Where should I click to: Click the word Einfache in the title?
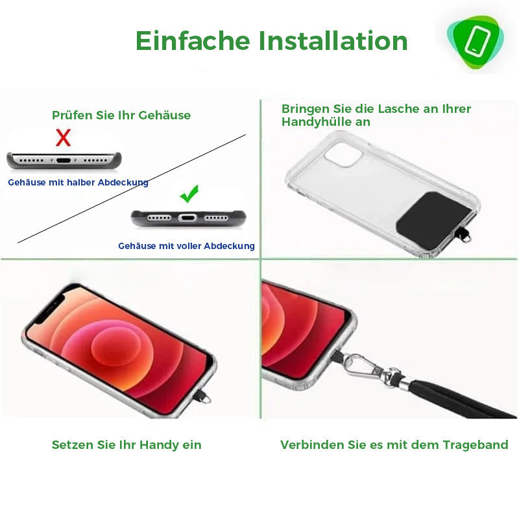193,41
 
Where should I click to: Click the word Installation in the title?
333,41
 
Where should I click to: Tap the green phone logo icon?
475,42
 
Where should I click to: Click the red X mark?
63,138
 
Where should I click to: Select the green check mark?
189,193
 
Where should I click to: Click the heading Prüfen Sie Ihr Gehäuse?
121,115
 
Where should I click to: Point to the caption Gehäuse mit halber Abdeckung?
78,182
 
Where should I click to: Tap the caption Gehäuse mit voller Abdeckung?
186,246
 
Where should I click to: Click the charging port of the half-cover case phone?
63,161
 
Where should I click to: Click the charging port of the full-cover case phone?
187,218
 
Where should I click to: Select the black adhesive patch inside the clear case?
435,220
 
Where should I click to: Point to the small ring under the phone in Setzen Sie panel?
206,399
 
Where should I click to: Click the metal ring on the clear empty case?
467,237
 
